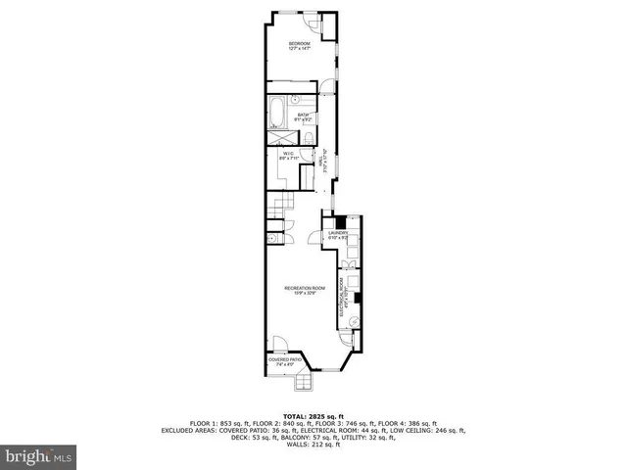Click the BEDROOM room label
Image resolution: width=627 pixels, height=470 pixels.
299,46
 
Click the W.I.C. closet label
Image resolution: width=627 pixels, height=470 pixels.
288,157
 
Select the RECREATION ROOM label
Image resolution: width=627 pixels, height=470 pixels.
300,289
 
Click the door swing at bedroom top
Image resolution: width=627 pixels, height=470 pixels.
311,23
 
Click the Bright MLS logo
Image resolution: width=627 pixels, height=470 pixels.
39,456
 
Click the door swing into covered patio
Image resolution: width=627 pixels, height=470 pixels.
279,344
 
